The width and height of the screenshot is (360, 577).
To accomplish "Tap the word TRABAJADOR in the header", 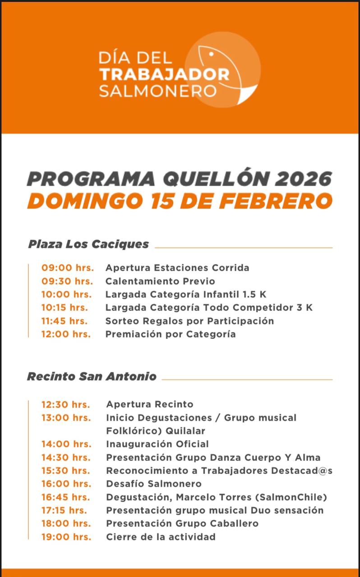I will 164,74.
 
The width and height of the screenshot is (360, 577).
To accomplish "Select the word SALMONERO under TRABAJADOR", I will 158,91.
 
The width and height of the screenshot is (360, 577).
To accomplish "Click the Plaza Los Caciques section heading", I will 88,244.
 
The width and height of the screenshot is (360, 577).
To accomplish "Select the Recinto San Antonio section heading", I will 92,376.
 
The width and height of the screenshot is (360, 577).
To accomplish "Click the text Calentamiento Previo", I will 160,281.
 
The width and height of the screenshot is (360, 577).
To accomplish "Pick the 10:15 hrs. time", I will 65,308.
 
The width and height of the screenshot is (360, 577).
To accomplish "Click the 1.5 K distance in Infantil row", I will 254,295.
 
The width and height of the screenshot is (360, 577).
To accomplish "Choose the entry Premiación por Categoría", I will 171,334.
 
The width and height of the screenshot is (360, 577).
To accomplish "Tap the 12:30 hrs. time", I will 65,404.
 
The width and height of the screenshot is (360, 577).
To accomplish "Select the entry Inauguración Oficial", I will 157,444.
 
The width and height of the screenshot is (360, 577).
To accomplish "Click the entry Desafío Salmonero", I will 154,484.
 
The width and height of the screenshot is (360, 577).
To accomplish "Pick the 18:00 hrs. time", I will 66,524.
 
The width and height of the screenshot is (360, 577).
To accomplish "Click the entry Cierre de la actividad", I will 161,537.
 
